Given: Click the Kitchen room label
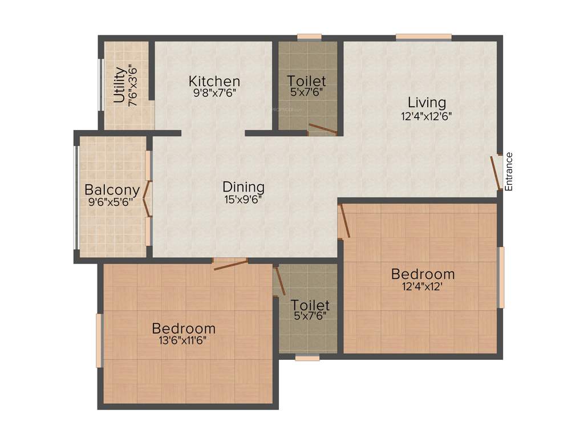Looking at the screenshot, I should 214,81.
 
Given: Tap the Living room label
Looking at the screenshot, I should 427,103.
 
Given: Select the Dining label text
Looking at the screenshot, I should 244,186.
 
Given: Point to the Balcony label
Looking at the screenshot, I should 112,189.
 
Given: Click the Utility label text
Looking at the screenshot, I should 120,85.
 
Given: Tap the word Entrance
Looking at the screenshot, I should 509,171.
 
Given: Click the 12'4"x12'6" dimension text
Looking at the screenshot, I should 427,116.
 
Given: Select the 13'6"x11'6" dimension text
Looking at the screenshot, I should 184,341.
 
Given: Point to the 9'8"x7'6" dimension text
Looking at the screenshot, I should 214,93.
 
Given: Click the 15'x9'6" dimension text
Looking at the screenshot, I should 244,200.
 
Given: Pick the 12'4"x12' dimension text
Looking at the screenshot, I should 423,287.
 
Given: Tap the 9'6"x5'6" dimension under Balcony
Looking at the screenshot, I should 112,202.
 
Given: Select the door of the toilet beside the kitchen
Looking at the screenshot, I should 322,129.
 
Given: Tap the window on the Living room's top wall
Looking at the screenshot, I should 424,38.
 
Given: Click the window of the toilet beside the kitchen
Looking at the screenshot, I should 310,38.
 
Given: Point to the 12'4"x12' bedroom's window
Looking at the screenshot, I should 501,277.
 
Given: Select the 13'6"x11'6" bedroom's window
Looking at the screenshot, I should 99,340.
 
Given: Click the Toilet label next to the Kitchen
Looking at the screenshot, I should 307,81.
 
